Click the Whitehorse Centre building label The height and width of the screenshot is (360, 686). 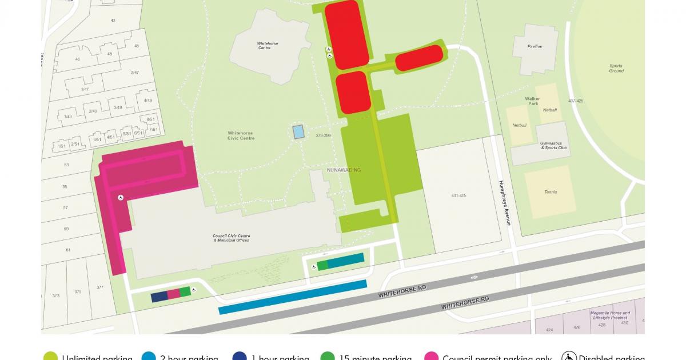point(264,45)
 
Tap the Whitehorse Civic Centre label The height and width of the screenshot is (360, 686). point(240,135)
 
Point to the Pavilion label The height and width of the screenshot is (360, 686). point(535,46)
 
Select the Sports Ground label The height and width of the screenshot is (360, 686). point(616,68)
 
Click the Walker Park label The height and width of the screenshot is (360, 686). point(532,101)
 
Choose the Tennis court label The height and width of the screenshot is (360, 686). point(551,192)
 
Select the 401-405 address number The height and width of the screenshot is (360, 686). point(458,195)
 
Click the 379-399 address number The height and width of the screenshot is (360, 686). point(323,135)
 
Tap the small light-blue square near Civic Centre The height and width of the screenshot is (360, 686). point(298,132)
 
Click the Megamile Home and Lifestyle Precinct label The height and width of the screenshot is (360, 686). point(611,315)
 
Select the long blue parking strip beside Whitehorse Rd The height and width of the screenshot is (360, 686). point(293,297)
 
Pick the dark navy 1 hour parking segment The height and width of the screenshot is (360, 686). point(159,297)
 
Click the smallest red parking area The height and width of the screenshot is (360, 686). point(419,58)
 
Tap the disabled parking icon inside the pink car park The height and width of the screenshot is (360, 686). point(121,198)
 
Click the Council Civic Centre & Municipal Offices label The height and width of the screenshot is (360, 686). point(232,238)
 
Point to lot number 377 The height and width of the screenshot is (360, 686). point(100,287)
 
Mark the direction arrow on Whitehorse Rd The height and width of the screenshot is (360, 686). point(474,278)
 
